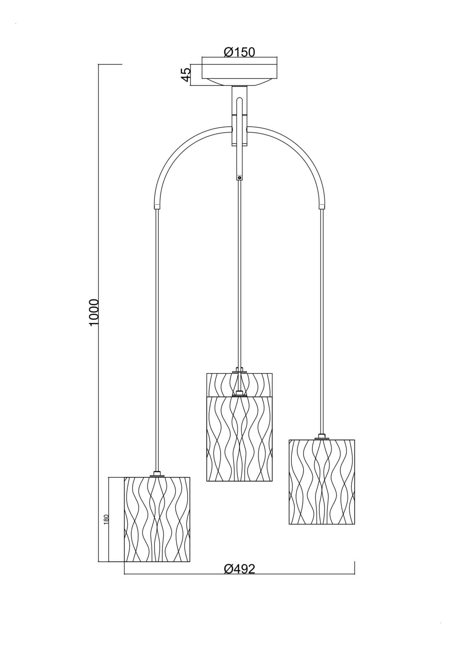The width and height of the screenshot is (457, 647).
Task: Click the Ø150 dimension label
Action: point(239,52)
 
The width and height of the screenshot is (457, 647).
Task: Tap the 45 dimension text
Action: point(185,75)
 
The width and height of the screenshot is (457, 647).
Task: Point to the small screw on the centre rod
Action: point(239,177)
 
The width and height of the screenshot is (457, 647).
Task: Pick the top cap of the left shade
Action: point(157,475)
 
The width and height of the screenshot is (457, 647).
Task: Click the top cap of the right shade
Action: point(321,437)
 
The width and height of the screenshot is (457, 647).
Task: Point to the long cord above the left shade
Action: point(157,340)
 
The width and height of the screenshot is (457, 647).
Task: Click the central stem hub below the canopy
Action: point(239,116)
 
